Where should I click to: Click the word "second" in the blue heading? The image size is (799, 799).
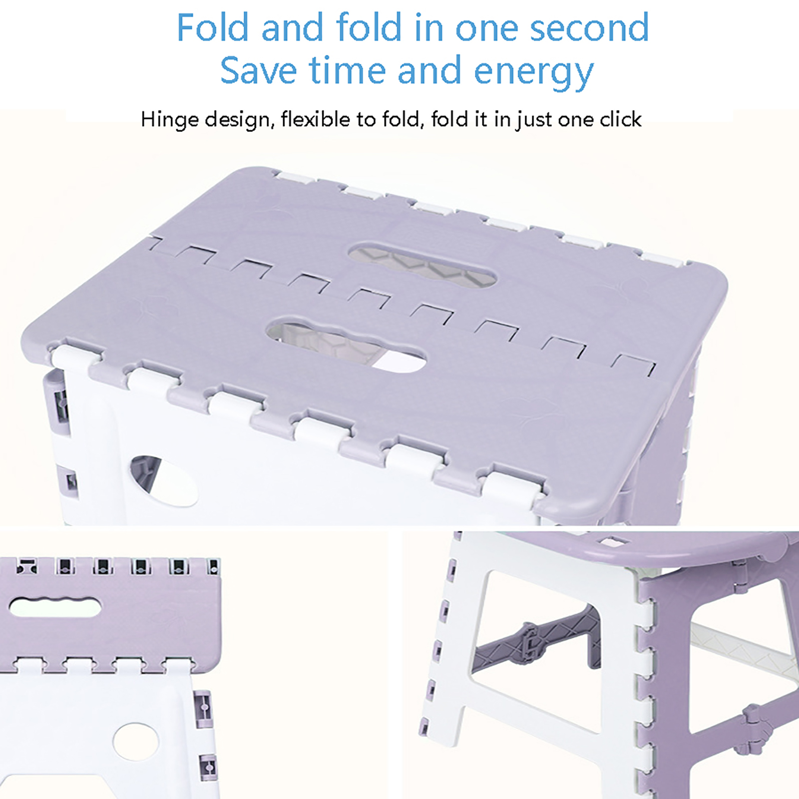click(589, 27)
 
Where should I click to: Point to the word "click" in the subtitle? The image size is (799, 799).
click(621, 120)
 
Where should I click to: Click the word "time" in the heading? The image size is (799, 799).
click(348, 70)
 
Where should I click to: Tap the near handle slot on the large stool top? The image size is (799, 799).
click(347, 343)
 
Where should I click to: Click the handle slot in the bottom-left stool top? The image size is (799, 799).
click(55, 607)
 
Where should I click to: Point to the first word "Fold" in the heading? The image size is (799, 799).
click(212, 27)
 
